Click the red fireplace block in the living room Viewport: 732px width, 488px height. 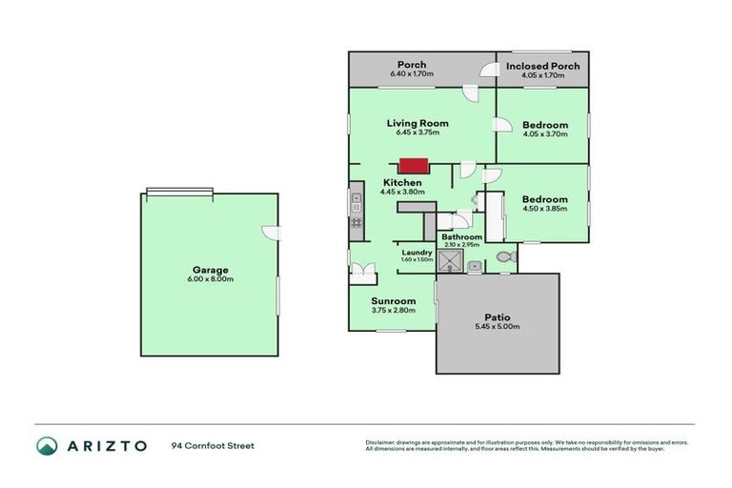(x=412, y=165)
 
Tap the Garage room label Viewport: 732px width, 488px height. (x=210, y=270)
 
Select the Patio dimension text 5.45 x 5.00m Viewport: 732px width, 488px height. (x=497, y=327)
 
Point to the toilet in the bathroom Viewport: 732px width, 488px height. (x=505, y=256)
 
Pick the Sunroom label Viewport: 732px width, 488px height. (x=393, y=301)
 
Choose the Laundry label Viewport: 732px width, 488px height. (x=417, y=252)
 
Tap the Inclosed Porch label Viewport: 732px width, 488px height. (x=541, y=66)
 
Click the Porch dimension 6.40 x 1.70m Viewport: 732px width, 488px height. (x=412, y=74)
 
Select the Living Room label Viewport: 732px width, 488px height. (x=417, y=123)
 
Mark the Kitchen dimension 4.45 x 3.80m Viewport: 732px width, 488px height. (x=401, y=193)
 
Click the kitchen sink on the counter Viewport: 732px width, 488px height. (x=356, y=201)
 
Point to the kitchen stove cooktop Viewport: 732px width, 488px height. (x=356, y=224)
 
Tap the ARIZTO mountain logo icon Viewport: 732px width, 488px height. (x=47, y=445)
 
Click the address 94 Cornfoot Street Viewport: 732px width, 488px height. (x=213, y=445)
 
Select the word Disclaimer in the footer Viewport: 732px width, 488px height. (x=380, y=442)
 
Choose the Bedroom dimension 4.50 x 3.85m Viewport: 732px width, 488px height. (x=545, y=209)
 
